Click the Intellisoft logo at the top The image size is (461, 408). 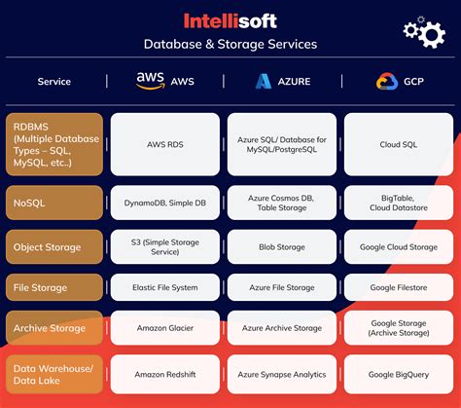230,21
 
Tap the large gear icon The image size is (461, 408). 432,34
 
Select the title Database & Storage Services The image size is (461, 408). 230,44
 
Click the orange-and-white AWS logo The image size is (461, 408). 150,81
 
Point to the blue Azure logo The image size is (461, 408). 264,81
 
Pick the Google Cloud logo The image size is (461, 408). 387,81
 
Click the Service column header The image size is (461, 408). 54,82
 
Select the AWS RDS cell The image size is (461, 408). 165,144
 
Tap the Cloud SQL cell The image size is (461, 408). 399,144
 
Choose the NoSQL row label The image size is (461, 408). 54,203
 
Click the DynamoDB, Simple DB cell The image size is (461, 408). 165,203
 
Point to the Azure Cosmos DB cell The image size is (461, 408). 282,203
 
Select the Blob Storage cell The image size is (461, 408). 282,246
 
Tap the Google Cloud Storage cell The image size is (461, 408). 399,246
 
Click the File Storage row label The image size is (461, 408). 54,287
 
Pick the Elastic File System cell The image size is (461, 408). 165,287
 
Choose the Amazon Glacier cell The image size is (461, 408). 165,328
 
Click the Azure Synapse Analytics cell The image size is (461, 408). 282,374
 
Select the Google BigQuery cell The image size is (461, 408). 399,374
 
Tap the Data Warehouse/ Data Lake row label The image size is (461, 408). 54,374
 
